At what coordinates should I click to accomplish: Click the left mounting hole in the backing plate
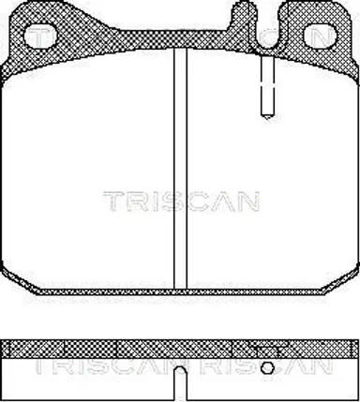(x=40, y=36)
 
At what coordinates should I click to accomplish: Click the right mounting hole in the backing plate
(x=320, y=36)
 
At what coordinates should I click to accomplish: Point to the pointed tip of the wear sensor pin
(x=267, y=118)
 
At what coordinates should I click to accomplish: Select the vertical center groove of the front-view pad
(x=180, y=169)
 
